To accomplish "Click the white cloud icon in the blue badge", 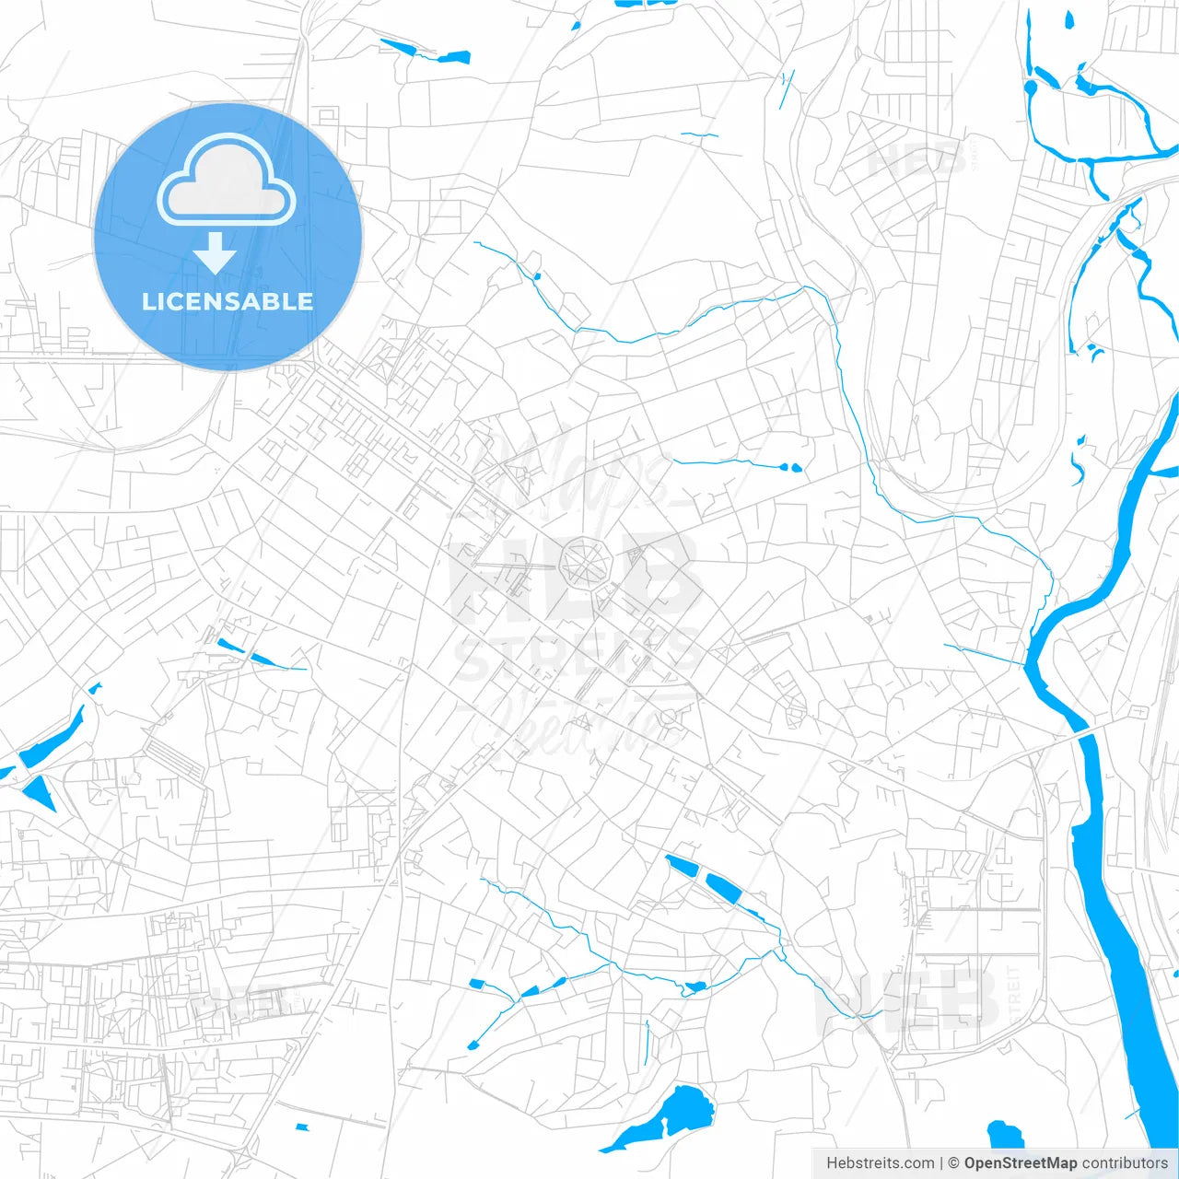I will coord(227,181).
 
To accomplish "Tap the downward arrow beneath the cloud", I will coord(216,253).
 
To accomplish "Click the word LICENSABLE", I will coord(228,301).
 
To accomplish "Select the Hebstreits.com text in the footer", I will coord(880,1163).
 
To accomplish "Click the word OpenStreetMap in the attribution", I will coord(1021,1163).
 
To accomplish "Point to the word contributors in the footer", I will coord(1125,1163).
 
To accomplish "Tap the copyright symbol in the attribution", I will coord(953,1163).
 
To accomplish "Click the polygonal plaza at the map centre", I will coord(586,561).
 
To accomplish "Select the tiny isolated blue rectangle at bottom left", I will coord(301,1127).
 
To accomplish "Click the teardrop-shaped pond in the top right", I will coord(1069,21).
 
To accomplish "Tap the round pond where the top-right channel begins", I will coord(1030,88).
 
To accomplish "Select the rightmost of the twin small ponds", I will coord(797,468).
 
